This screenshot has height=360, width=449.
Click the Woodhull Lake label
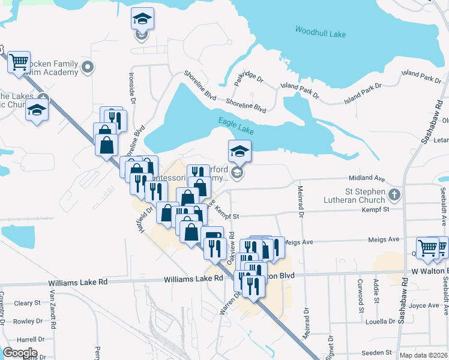(x=321, y=32)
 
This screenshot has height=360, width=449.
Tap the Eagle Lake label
(x=237, y=125)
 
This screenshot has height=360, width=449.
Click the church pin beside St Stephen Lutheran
(x=394, y=194)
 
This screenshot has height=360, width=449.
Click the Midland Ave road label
(x=367, y=178)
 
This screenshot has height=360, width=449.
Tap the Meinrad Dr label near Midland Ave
(x=301, y=200)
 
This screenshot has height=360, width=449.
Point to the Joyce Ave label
(x=426, y=305)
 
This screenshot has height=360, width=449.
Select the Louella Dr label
(x=378, y=321)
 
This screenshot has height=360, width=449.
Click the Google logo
(x=19, y=353)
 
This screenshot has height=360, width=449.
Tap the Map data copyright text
(x=423, y=355)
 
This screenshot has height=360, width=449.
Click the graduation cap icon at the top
(x=142, y=19)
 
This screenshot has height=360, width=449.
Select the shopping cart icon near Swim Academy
(x=19, y=61)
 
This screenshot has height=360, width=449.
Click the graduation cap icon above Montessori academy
(x=239, y=151)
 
